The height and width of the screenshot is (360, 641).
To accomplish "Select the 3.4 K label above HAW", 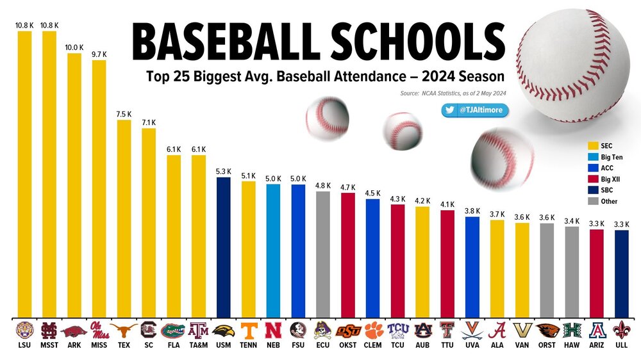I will tap(572, 221).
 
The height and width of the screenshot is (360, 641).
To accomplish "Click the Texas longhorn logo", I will tap(124, 330).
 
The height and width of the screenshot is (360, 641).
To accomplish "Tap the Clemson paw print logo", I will tap(373, 330).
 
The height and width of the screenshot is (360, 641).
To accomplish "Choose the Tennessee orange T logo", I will tap(248, 330).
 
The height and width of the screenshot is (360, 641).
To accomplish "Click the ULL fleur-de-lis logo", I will tap(622, 330).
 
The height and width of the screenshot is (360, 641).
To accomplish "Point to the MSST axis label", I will tap(49, 345).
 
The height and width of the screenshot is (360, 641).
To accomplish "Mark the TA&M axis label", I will tap(198, 345).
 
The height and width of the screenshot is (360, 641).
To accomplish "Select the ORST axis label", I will tap(547, 345).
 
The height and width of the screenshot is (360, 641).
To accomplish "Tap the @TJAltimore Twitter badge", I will tap(475, 110).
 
